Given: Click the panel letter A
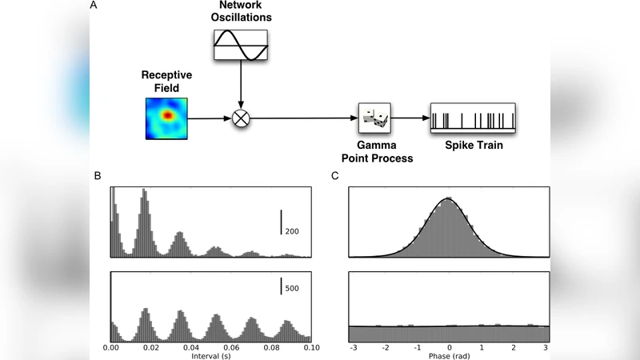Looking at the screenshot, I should pyautogui.click(x=94, y=6).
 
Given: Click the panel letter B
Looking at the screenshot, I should pyautogui.click(x=97, y=175).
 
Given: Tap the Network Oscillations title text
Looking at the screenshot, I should pyautogui.click(x=242, y=12).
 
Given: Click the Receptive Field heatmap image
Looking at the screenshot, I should pyautogui.click(x=166, y=117).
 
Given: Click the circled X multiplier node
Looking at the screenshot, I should pyautogui.click(x=241, y=119).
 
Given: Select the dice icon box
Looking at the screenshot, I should pyautogui.click(x=374, y=119).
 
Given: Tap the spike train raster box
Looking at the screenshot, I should pyautogui.click(x=473, y=118).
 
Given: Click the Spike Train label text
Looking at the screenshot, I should pyautogui.click(x=473, y=146).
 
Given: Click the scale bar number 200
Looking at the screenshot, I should pyautogui.click(x=293, y=230).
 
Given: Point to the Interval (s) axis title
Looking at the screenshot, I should pyautogui.click(x=211, y=356).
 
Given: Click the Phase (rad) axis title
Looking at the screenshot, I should pyautogui.click(x=449, y=356).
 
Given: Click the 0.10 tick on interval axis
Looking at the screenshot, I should pyautogui.click(x=311, y=349).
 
